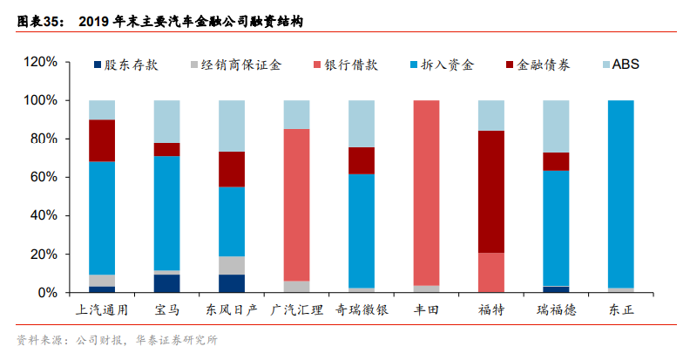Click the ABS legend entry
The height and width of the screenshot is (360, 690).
pos(619,65)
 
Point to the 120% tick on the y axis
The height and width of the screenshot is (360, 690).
pos(40,63)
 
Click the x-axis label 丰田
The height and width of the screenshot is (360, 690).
pos(425,309)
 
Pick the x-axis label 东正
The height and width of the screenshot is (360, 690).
pos(620,309)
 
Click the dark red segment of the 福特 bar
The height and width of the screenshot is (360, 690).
pos(491,192)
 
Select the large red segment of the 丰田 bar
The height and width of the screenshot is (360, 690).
pos(426,192)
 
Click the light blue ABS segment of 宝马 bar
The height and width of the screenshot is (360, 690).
pos(166,121)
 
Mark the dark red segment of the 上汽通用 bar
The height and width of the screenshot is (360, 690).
pos(102,140)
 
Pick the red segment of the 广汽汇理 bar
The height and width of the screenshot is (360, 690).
pos(296,205)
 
